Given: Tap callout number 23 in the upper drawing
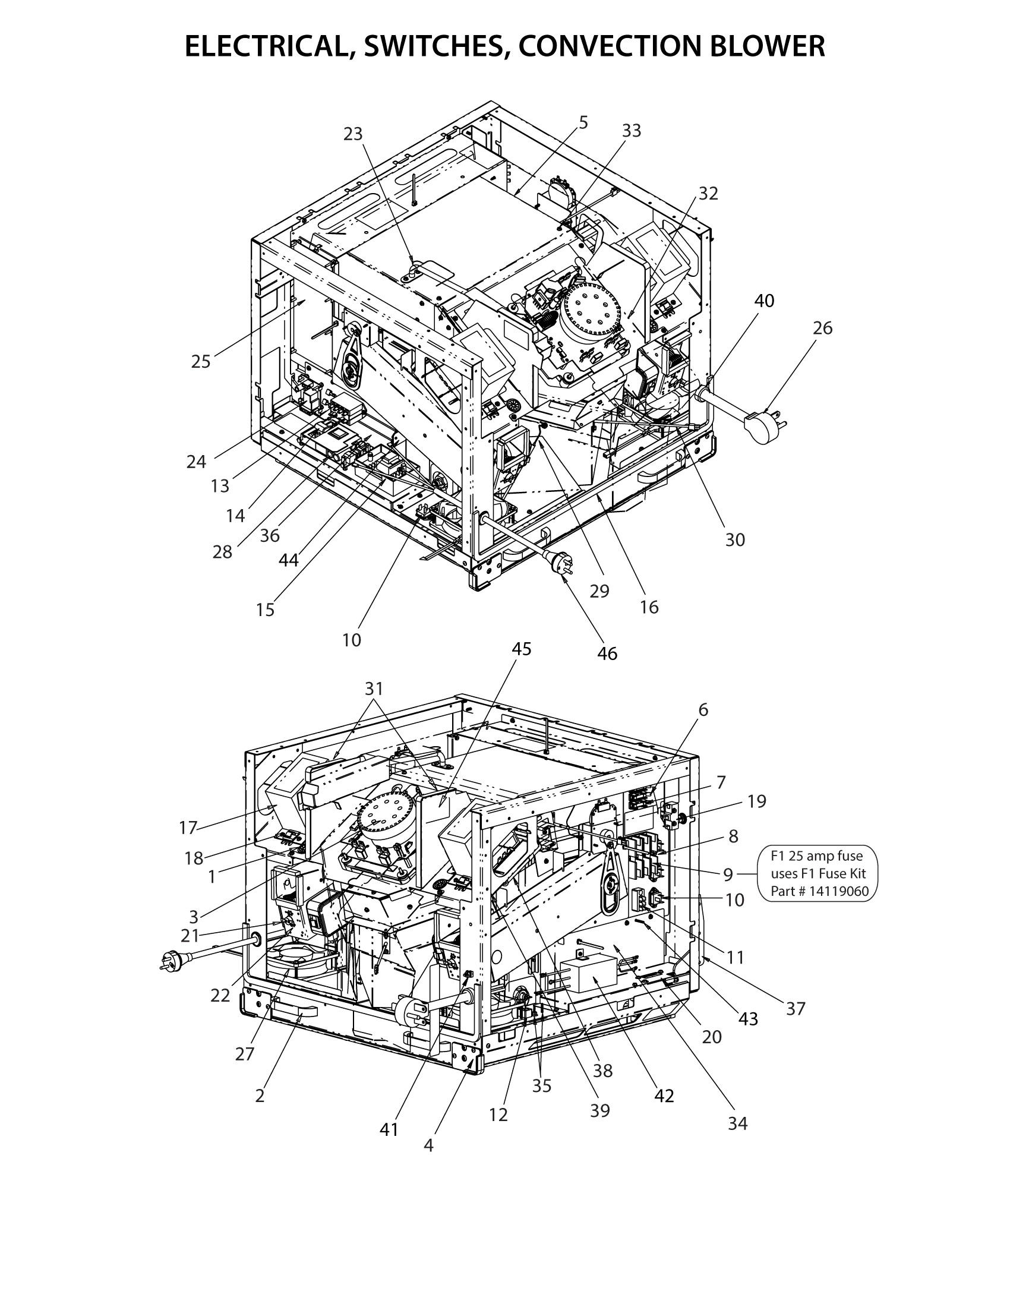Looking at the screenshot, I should [353, 134].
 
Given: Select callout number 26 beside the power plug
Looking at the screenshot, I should [822, 328].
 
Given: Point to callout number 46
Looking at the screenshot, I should [607, 653].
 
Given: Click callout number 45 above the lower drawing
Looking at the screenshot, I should [522, 649].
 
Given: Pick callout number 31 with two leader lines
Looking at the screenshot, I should [374, 689].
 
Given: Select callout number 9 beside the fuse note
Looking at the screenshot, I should [728, 875].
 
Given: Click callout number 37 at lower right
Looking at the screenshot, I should [796, 1009].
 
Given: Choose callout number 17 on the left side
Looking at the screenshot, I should [188, 828].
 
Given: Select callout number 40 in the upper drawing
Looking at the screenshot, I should [764, 301].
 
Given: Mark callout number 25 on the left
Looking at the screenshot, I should [201, 361].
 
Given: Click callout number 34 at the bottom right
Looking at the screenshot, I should [738, 1124].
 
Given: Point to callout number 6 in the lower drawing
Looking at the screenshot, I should [703, 710].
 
